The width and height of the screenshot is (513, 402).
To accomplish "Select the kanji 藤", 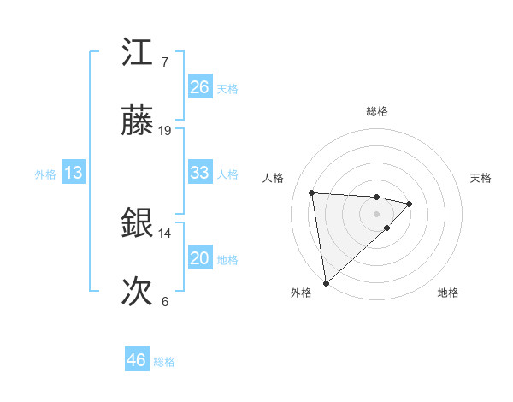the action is (138, 122).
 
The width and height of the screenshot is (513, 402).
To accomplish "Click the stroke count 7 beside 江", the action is (164, 62).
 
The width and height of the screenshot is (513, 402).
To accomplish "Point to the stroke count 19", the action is (165, 131).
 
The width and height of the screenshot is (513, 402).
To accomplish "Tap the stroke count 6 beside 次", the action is (164, 302).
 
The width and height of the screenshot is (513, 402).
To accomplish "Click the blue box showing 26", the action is (200, 87).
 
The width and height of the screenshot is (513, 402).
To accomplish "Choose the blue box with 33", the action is (200, 173).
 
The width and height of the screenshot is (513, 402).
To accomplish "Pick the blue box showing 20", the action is (200, 258).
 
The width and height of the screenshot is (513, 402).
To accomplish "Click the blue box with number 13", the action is (74, 173).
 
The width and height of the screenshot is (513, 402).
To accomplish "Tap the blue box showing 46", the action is (137, 360).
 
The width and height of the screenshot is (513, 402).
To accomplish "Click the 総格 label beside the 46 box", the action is (164, 362).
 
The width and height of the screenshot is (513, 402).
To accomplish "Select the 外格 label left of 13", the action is (45, 174).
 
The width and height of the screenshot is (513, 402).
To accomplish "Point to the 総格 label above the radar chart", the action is (377, 111).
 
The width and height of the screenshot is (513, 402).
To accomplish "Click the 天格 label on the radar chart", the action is (481, 178).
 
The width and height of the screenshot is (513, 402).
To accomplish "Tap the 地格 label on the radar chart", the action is (448, 293).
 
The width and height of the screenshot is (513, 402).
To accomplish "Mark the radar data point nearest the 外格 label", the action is (326, 282).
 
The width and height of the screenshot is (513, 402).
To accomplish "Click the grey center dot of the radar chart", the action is (377, 213).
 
